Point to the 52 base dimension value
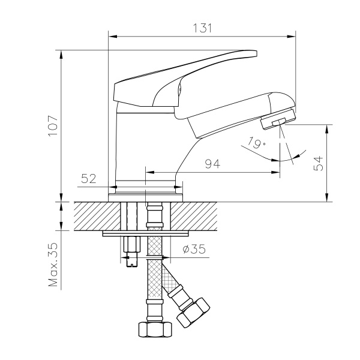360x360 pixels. (x=89, y=178)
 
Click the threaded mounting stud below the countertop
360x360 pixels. (x=131, y=252)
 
